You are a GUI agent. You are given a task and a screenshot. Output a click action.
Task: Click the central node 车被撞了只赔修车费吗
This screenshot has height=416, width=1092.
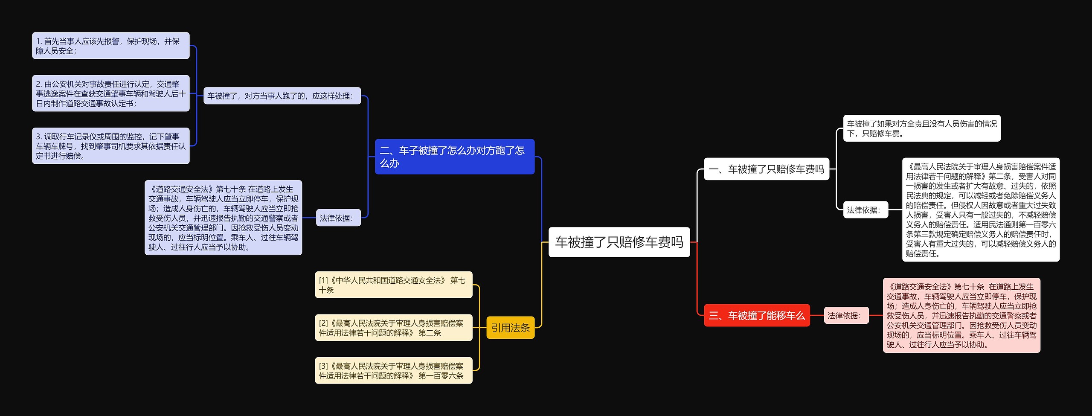click(x=619, y=242)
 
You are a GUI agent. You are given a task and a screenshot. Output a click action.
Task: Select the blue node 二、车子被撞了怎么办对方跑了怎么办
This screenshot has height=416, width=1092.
click(x=454, y=157)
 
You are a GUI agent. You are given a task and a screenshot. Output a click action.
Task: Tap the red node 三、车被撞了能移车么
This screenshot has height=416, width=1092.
click(x=756, y=315)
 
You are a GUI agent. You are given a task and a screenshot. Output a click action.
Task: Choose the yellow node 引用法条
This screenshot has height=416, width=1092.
click(x=510, y=328)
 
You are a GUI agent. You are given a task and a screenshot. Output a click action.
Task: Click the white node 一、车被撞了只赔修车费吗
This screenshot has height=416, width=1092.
click(x=766, y=169)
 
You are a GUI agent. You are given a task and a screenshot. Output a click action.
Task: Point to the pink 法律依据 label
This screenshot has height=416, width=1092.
click(x=846, y=315)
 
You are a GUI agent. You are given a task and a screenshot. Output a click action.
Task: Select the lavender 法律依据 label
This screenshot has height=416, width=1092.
click(x=338, y=218)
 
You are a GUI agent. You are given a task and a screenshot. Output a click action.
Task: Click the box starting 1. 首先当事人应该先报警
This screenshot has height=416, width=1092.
click(x=110, y=46)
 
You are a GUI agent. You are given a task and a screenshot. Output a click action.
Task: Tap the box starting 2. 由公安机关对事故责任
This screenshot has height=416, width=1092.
click(x=110, y=93)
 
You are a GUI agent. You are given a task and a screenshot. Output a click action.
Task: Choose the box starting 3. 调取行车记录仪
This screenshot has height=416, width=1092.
click(x=110, y=146)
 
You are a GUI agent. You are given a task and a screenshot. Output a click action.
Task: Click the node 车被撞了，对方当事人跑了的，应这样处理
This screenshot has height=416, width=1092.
click(x=282, y=96)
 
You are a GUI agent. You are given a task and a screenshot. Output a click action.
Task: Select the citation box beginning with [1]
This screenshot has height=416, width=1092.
click(x=393, y=285)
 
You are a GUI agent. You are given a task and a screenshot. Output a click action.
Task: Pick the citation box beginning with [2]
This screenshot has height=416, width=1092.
click(x=393, y=328)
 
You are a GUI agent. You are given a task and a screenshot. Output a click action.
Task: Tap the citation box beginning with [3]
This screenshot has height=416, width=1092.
click(x=393, y=370)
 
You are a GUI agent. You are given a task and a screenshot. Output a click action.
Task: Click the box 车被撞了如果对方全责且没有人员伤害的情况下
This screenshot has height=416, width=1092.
click(x=921, y=128)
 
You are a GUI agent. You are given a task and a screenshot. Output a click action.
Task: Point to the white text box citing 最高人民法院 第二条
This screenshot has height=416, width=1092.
click(x=980, y=209)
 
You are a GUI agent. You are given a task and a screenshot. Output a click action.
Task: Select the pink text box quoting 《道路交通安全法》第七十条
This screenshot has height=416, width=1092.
click(x=961, y=315)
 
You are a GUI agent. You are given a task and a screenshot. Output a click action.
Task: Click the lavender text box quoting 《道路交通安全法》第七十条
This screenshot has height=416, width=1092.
click(x=223, y=218)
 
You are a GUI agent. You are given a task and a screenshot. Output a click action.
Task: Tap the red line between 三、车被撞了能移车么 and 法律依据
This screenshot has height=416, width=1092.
click(x=816, y=315)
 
